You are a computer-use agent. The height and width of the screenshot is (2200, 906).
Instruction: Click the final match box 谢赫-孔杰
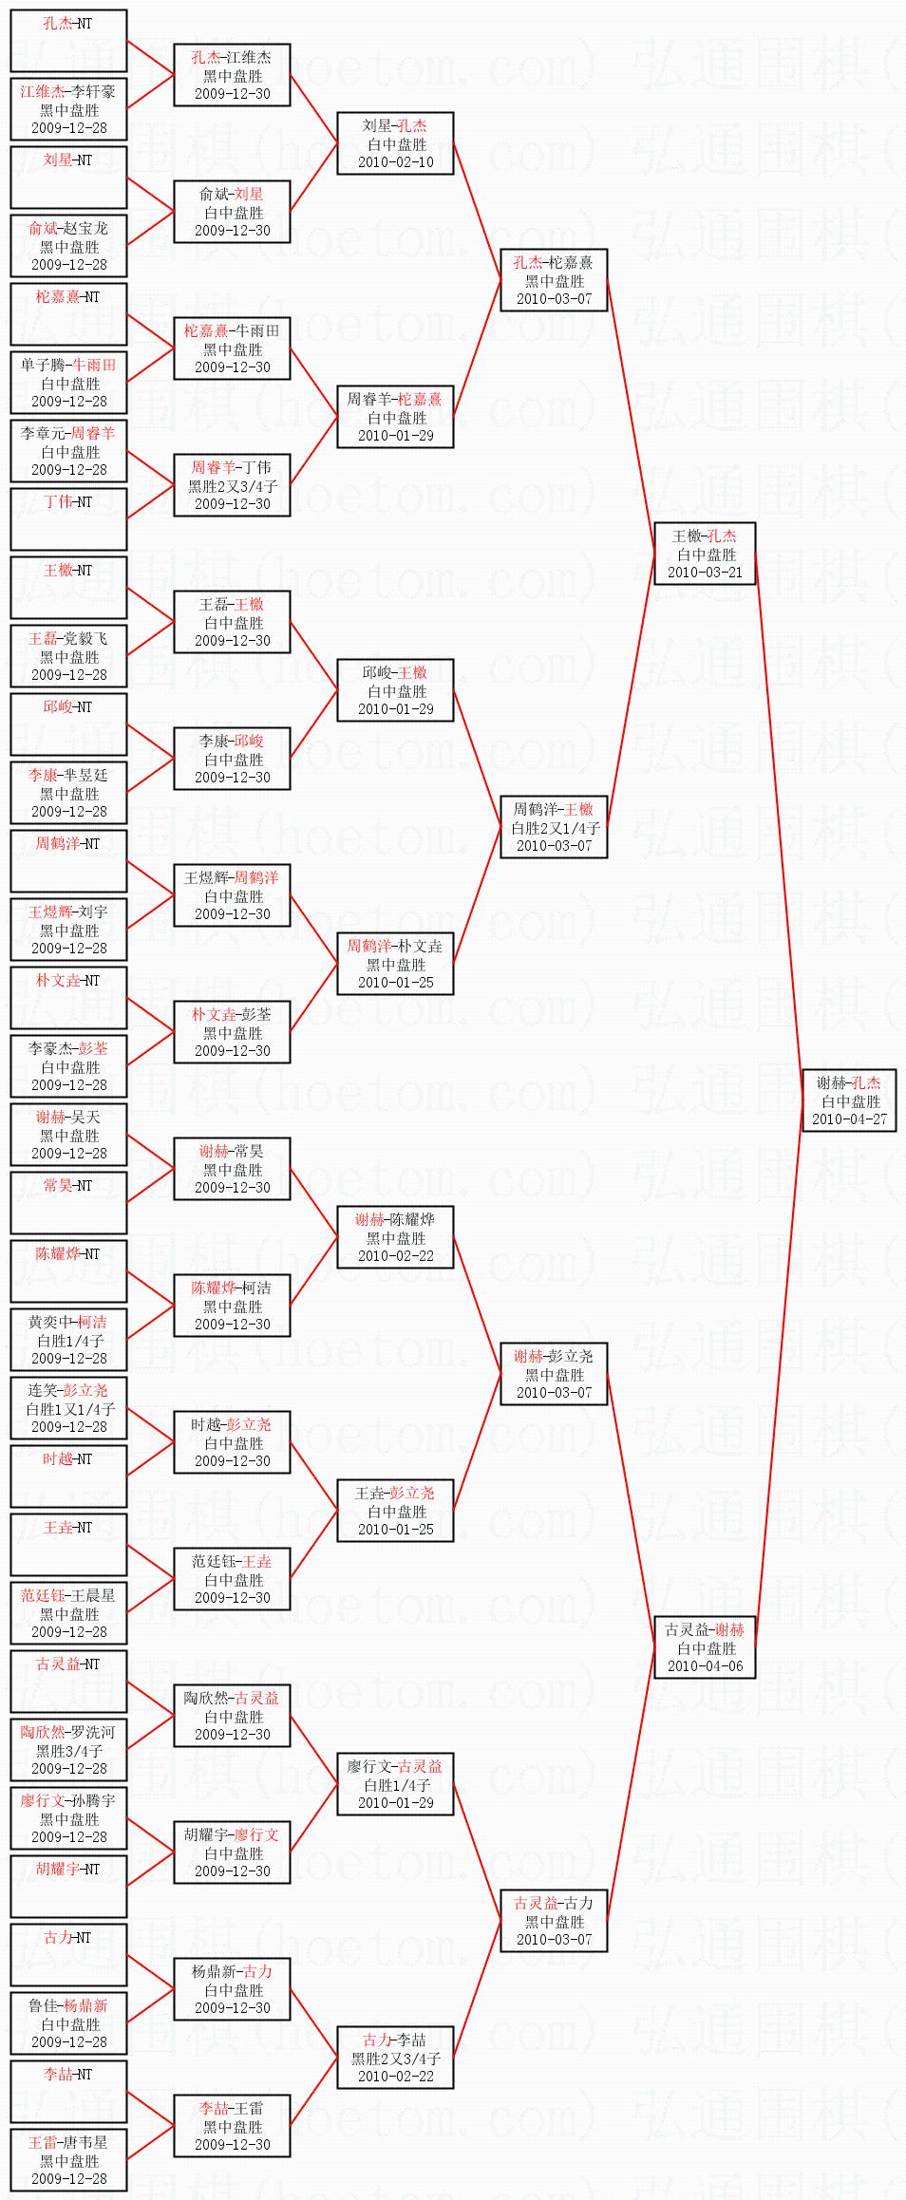(849, 1100)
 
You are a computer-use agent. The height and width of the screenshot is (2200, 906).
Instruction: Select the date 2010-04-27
(849, 1119)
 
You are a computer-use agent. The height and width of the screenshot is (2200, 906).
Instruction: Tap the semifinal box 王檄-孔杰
(705, 554)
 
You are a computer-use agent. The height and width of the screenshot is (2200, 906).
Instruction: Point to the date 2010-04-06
(705, 1666)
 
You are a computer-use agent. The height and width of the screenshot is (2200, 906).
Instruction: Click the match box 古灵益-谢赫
(705, 1647)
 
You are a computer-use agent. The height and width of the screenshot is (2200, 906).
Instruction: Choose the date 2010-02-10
(395, 162)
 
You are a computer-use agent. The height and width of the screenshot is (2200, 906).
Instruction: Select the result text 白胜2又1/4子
(555, 828)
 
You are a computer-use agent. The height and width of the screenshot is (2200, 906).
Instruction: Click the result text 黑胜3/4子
(68, 1751)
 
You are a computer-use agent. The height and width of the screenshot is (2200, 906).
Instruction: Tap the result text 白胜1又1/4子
(68, 1409)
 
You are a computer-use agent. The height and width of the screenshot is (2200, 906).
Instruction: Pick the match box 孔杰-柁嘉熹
(554, 280)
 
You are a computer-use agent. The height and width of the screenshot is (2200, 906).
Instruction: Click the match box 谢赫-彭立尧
(554, 1374)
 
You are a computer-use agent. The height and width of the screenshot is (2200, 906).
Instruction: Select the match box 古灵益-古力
(554, 1921)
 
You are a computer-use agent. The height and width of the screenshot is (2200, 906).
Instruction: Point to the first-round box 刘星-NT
(68, 178)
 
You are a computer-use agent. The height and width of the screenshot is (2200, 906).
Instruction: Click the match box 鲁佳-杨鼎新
(68, 2023)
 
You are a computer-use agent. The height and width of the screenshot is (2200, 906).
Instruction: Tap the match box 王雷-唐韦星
(68, 2160)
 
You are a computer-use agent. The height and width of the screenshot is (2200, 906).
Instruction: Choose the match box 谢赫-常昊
(232, 1169)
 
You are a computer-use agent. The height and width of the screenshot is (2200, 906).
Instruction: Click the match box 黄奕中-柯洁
(68, 1340)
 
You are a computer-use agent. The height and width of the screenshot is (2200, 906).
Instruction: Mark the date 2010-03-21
(705, 573)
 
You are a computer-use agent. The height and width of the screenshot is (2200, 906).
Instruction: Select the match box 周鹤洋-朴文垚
(395, 964)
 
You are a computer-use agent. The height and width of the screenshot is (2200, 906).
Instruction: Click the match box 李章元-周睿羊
(68, 451)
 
